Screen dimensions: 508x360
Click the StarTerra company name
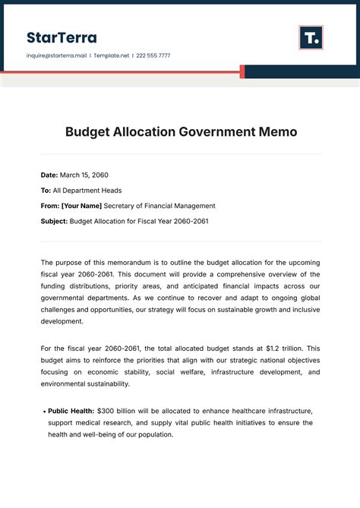coord(62,37)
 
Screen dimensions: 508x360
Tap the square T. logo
coord(311,37)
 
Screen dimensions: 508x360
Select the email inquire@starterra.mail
coord(55,55)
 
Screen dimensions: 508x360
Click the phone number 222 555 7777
coord(154,55)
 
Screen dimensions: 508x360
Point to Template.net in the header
coord(111,55)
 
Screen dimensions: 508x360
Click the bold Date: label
coord(49,175)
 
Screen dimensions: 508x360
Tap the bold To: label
coord(46,191)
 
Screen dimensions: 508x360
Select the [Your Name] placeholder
coord(81,206)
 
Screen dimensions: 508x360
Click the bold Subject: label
coord(54,221)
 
